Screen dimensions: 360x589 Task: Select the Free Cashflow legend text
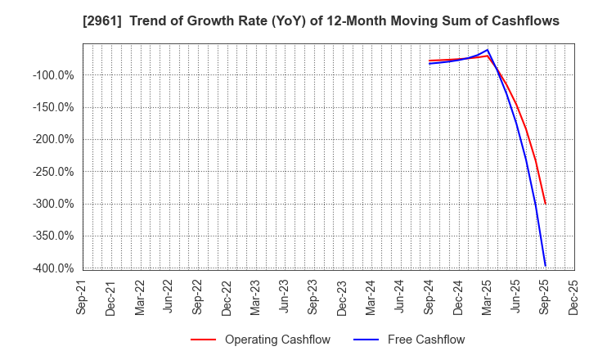click(x=428, y=340)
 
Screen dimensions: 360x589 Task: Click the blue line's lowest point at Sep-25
click(x=545, y=266)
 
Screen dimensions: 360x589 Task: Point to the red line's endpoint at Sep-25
click(x=545, y=205)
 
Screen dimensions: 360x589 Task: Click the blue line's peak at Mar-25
click(x=488, y=50)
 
